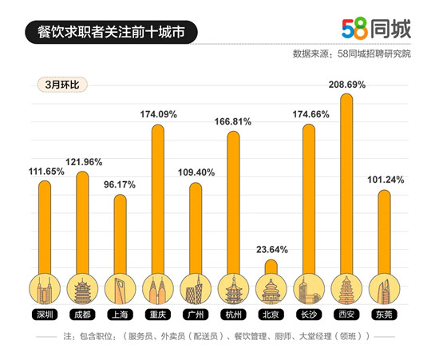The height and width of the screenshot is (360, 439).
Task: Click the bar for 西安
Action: pos(346,184)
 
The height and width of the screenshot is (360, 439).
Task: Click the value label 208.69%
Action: pos(346,84)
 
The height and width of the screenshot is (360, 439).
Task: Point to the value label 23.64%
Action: pos(271,249)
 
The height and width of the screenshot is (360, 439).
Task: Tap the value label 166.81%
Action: pos(233,121)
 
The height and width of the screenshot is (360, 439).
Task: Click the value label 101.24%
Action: pos(384,180)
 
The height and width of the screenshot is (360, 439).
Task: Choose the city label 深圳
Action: pos(45,314)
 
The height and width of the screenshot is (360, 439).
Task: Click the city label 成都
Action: pos(82,314)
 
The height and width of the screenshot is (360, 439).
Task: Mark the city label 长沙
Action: pos(308,314)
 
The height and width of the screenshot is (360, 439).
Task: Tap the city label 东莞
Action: pos(384,314)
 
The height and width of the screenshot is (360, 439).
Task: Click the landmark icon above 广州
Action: pos(196,288)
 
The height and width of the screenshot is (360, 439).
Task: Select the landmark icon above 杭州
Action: pos(233,288)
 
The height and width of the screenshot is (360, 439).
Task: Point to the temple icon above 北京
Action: pos(271,288)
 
